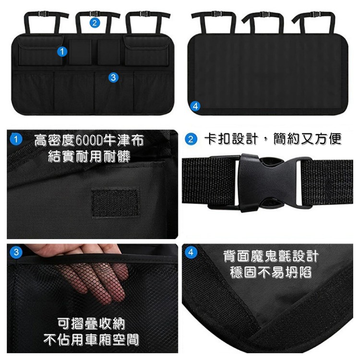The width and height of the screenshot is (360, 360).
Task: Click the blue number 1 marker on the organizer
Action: point(61,51)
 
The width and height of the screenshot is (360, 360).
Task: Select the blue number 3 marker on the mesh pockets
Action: point(113,77)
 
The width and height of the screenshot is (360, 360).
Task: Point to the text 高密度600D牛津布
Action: point(89,141)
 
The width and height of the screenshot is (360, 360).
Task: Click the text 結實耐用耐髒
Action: point(89,156)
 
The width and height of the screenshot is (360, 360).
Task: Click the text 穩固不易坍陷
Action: point(271,273)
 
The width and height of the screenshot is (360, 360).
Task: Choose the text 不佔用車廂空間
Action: point(91,340)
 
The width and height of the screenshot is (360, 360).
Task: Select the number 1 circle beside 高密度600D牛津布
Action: point(17,140)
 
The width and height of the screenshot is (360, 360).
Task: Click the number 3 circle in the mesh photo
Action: point(16,252)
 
